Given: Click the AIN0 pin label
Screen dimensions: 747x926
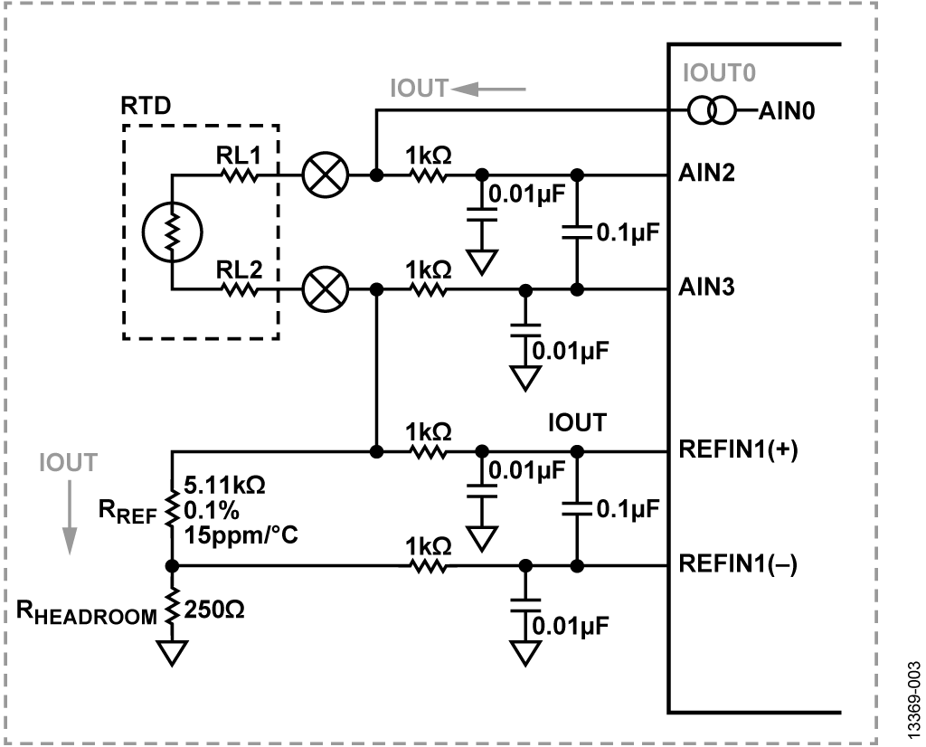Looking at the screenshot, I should pyautogui.click(x=783, y=113).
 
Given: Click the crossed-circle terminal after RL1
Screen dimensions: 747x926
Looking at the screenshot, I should pyautogui.click(x=318, y=174).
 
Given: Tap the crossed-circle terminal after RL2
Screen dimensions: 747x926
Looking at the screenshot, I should pyautogui.click(x=318, y=289).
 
